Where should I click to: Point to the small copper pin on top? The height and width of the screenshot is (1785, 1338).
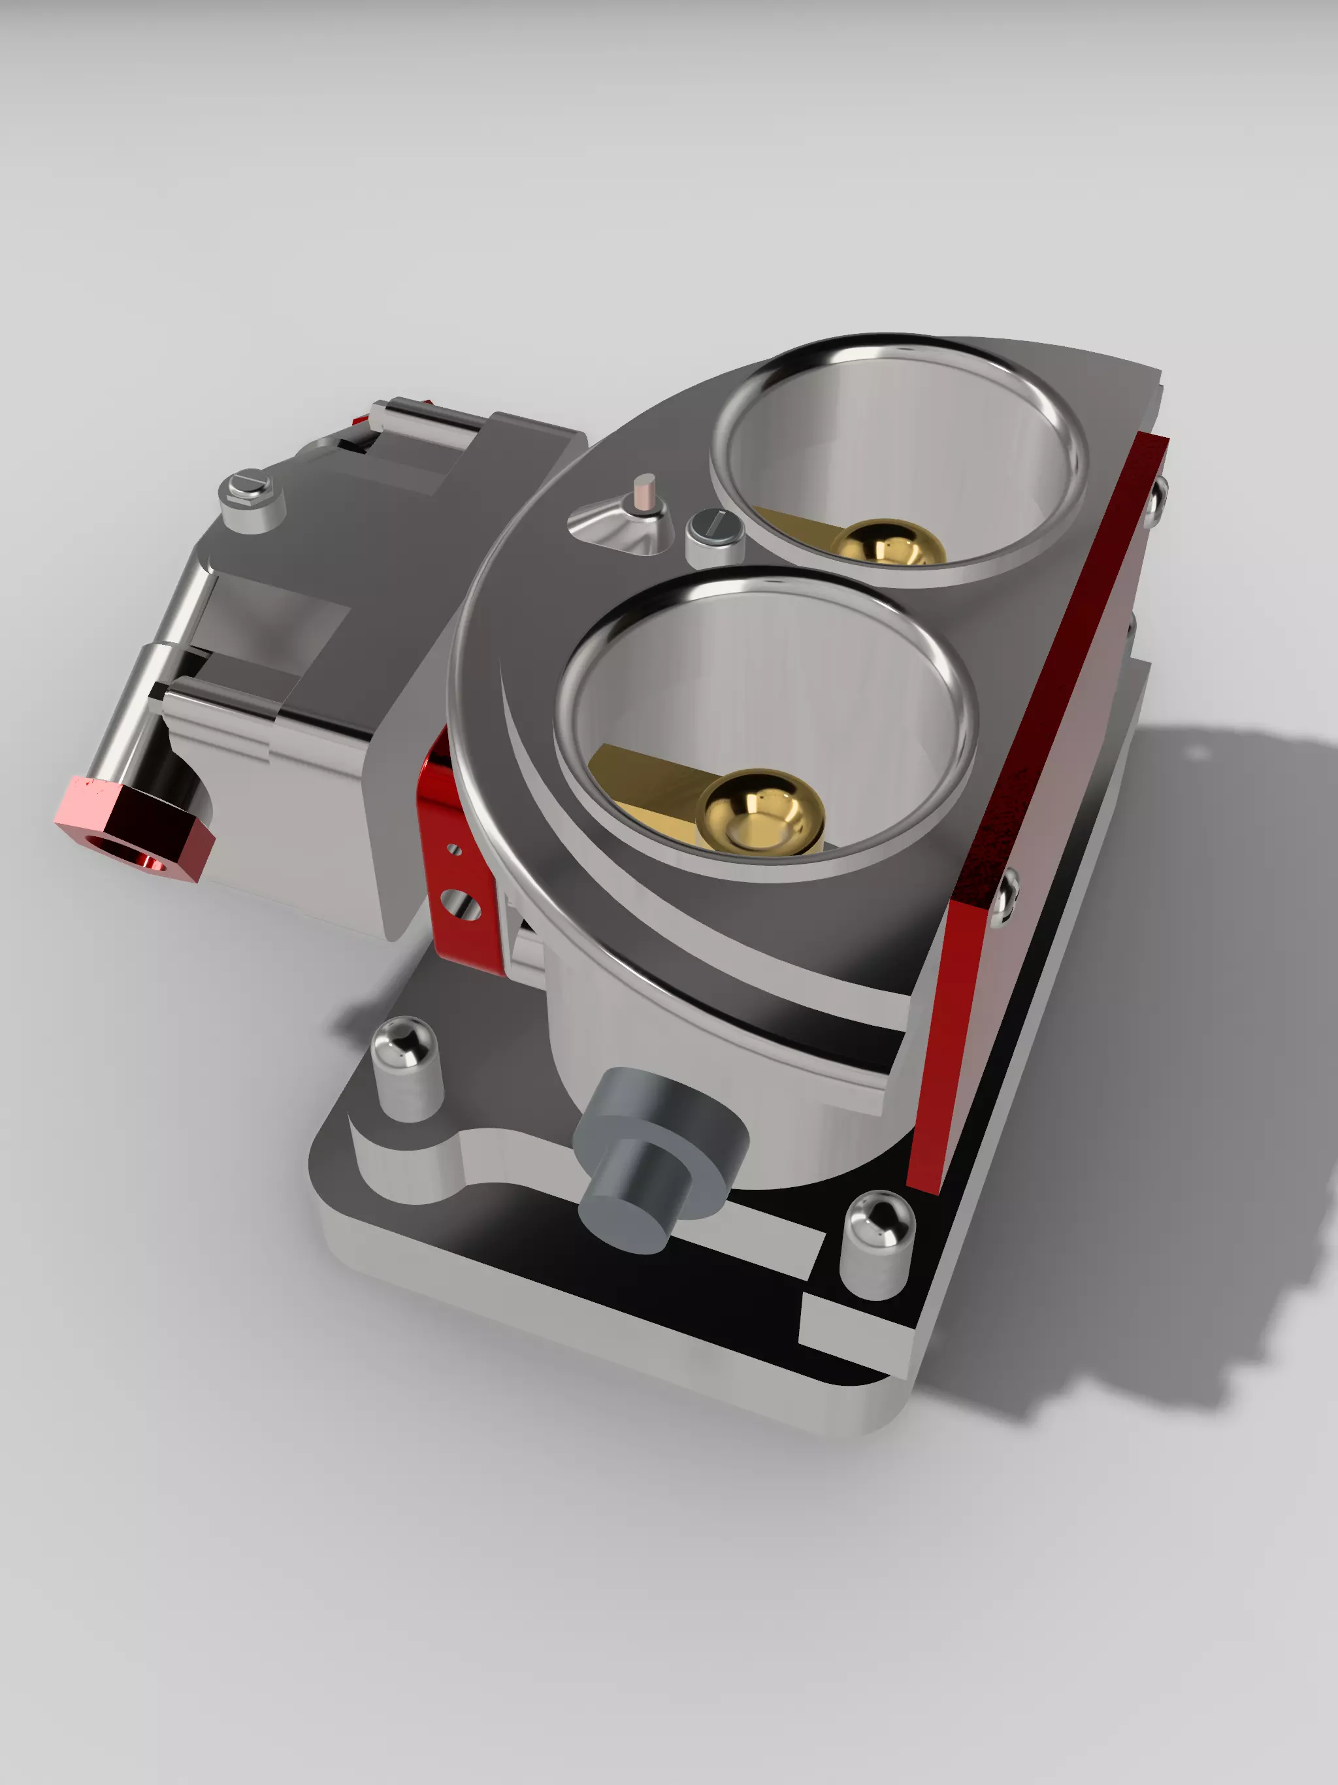tap(644, 492)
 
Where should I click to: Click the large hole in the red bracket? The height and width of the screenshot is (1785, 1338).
tap(462, 904)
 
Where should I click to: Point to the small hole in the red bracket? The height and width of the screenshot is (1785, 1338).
tap(453, 849)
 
